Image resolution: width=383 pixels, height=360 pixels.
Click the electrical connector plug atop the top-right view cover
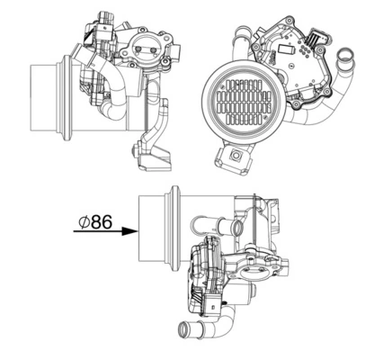tap(316, 39)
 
